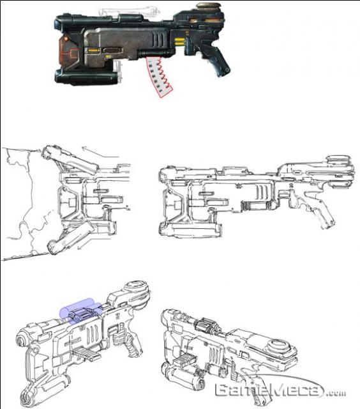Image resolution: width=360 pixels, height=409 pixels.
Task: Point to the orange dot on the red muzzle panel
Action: (66, 39)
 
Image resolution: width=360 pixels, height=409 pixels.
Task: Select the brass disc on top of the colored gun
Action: (208, 6)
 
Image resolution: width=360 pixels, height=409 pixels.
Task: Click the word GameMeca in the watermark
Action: (269, 390)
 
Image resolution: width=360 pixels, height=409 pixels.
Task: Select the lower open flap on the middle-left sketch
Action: (70, 238)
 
